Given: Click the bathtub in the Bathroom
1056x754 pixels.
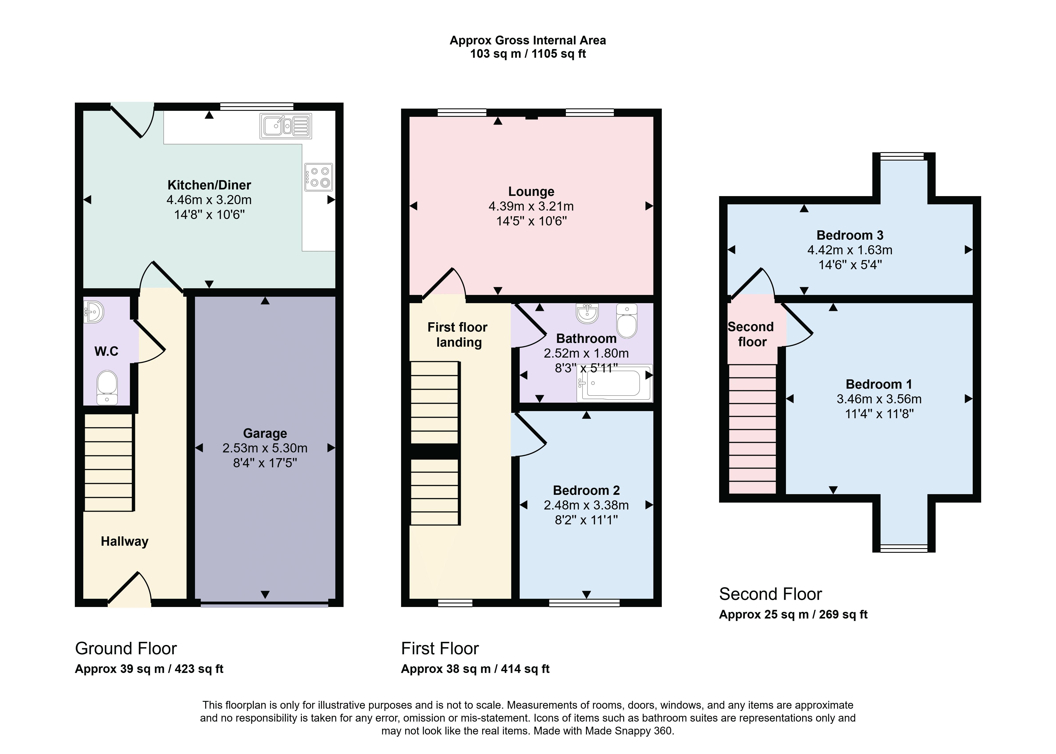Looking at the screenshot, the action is click(x=614, y=383).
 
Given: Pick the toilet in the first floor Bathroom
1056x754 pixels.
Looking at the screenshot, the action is click(x=627, y=320).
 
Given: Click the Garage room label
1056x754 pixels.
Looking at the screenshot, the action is click(x=265, y=433).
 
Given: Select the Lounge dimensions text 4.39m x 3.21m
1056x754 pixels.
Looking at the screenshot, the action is click(x=531, y=206).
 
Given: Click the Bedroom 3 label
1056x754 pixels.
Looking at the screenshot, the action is click(x=850, y=235).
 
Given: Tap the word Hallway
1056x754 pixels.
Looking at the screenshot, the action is click(x=124, y=541).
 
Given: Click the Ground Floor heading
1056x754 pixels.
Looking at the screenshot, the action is click(x=126, y=648).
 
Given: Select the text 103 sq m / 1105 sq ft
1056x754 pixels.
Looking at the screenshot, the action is click(x=528, y=54).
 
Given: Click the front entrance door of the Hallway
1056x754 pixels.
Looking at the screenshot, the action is click(x=129, y=589).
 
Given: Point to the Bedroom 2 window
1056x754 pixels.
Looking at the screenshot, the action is click(x=584, y=603).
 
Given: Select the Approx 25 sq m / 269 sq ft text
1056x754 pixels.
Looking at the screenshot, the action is click(x=793, y=614).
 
